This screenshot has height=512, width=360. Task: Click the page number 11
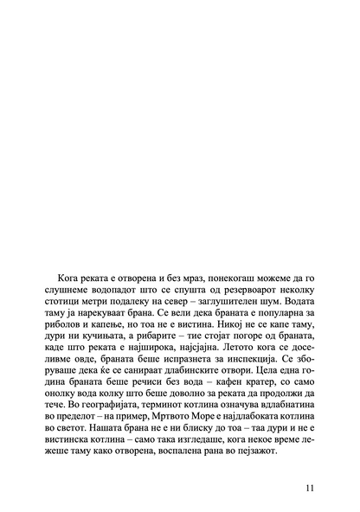click(309, 486)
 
